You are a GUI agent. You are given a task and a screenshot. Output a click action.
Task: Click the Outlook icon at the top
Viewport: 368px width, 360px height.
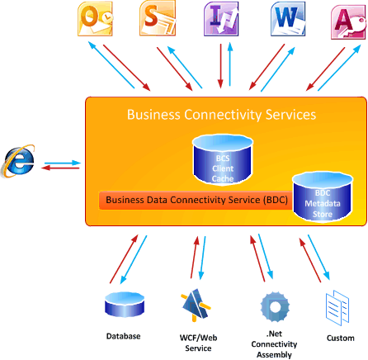click(x=92, y=17)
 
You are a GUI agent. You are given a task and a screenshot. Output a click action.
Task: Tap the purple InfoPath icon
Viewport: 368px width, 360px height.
click(x=221, y=17)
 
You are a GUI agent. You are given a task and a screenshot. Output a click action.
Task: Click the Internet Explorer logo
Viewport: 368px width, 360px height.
click(x=18, y=160)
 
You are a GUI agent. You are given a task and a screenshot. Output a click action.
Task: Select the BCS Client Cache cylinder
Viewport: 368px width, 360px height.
click(x=221, y=159)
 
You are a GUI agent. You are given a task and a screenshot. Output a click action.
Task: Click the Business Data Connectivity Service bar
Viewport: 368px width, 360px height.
click(x=186, y=199)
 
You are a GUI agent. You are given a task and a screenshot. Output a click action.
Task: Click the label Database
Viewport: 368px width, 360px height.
click(x=123, y=336)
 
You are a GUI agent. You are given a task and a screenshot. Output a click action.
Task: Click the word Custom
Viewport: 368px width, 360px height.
click(x=340, y=338)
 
